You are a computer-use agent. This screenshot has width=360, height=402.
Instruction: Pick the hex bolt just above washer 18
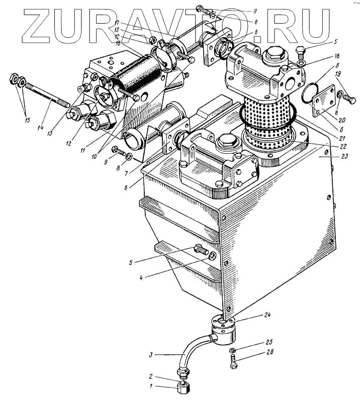[300, 51]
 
